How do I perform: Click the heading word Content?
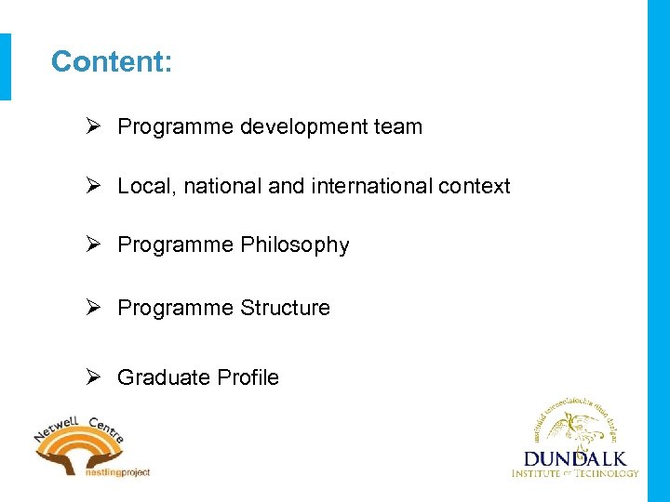tap(112, 62)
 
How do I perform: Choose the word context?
tap(475, 186)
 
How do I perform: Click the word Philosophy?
tap(295, 245)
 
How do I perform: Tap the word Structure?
tap(285, 308)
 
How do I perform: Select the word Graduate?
tap(164, 377)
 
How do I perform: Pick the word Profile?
tap(248, 377)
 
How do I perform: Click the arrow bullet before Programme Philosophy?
tap(94, 245)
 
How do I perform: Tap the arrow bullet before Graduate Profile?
tap(94, 377)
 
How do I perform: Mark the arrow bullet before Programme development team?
tap(94, 126)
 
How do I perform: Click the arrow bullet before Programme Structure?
tap(94, 308)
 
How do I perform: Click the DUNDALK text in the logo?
tap(575, 458)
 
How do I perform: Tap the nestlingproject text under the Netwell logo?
tap(116, 472)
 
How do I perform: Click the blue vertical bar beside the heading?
tap(6, 66)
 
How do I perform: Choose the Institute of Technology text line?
tap(575, 473)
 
